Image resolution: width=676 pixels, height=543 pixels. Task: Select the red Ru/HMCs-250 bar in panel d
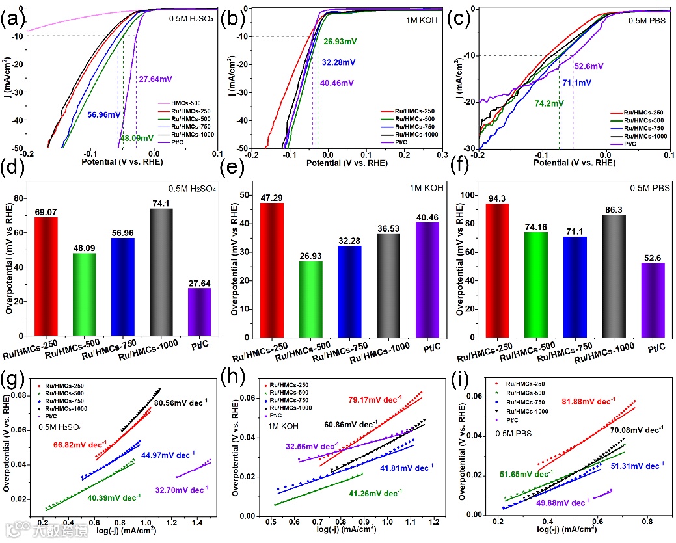pyautogui.click(x=46, y=276)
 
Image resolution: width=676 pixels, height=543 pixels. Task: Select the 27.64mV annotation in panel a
pyautogui.click(x=156, y=79)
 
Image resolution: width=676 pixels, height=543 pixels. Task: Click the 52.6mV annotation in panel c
pyautogui.click(x=589, y=66)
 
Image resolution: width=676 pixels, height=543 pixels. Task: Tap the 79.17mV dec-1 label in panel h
pyautogui.click(x=375, y=399)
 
